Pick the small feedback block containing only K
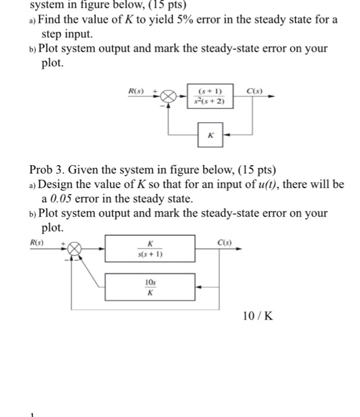(210, 135)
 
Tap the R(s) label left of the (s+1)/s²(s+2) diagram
(137, 91)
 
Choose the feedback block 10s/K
(150, 287)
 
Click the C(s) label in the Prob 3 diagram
(225, 243)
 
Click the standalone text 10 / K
(258, 315)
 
